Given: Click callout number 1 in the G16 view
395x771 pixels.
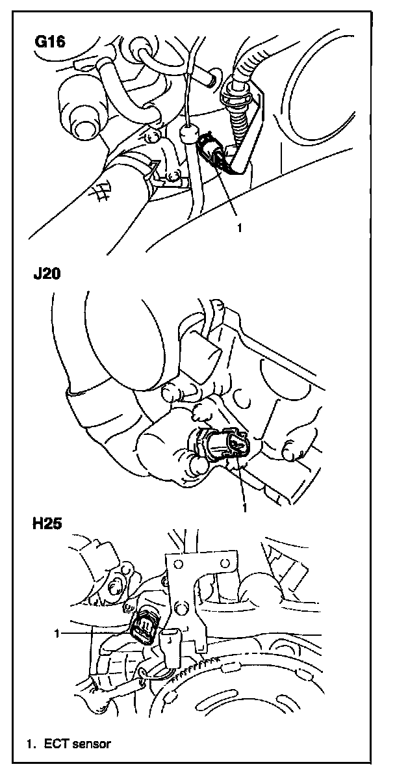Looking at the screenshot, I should click(240, 228).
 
